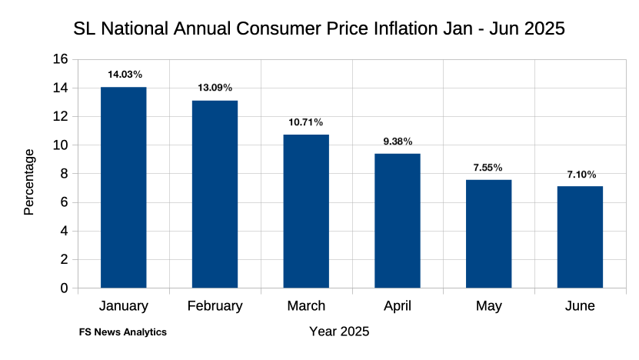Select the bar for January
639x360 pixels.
pos(123,188)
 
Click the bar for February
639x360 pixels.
pos(215,195)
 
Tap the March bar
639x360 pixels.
pos(306,212)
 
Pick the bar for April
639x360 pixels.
pos(398,221)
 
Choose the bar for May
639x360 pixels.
pos(488,234)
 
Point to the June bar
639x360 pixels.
pos(580,237)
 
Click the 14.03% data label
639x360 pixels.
pos(125,75)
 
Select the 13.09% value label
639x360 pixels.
pos(215,88)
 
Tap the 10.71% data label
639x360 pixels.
pos(306,122)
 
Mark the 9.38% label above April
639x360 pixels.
pos(398,142)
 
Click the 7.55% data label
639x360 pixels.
pos(488,168)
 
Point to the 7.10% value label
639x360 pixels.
pos(581,174)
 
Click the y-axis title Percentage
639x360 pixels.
pos(29,182)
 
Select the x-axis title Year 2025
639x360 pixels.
pos(338,332)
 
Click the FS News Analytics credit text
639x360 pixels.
pos(123,332)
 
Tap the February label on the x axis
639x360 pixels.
pos(215,306)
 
